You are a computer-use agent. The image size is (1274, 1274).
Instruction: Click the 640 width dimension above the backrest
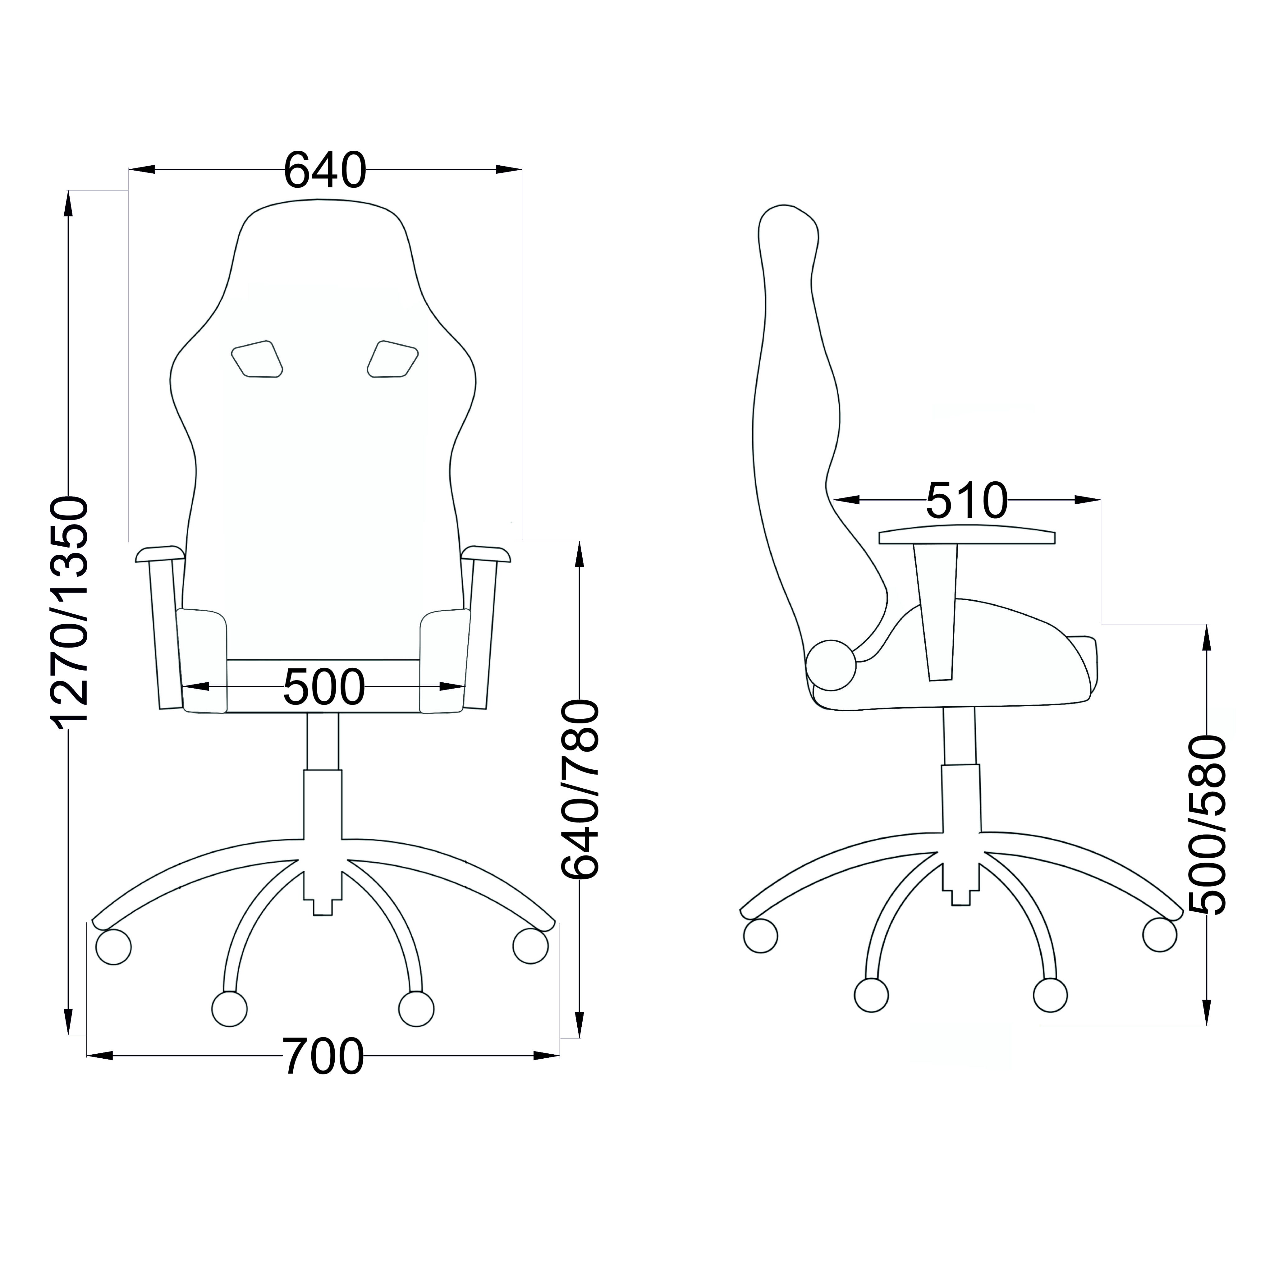(x=324, y=170)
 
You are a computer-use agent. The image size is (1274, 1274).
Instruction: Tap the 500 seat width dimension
(x=324, y=687)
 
